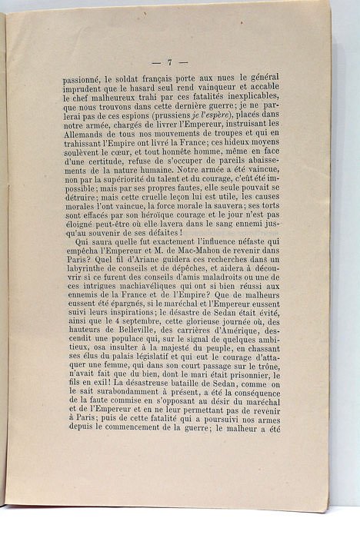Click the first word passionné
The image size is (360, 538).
(x=87, y=78)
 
